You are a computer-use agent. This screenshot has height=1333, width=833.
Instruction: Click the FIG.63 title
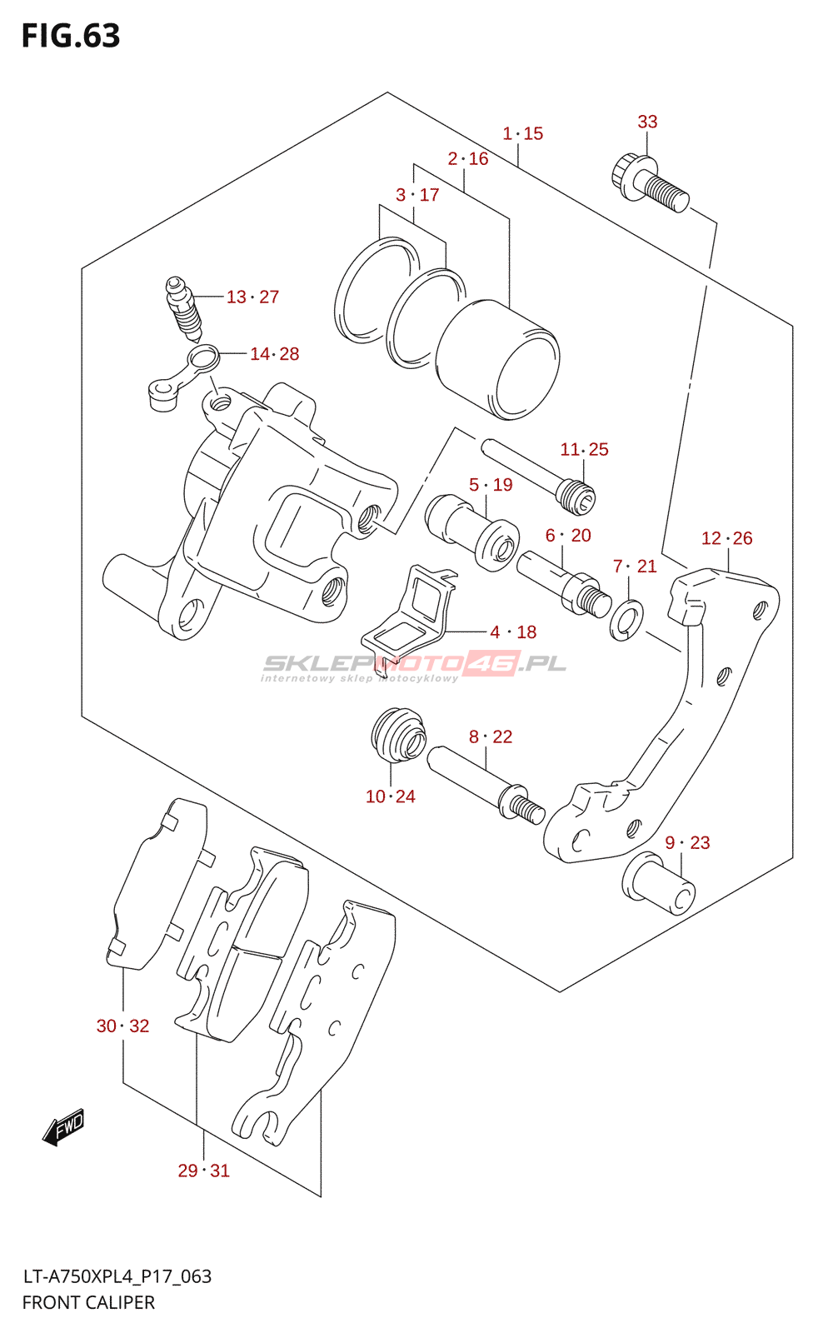71,36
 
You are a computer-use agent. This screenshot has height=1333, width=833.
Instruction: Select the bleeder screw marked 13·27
183,308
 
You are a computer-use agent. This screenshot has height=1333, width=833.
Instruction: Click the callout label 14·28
274,354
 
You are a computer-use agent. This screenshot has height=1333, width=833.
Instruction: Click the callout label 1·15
522,133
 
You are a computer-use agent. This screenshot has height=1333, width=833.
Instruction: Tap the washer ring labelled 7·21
626,620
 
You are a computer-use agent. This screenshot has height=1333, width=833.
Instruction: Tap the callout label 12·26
726,538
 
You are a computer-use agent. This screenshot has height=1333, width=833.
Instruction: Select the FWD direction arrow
64,1128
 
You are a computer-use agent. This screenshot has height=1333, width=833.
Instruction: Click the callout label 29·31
203,1171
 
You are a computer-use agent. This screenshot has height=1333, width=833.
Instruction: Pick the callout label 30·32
122,1026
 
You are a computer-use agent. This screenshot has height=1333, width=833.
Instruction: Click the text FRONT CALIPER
88,1302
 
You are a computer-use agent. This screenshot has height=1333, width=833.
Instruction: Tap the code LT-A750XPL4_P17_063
117,1276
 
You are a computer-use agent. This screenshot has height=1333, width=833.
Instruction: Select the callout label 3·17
417,195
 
